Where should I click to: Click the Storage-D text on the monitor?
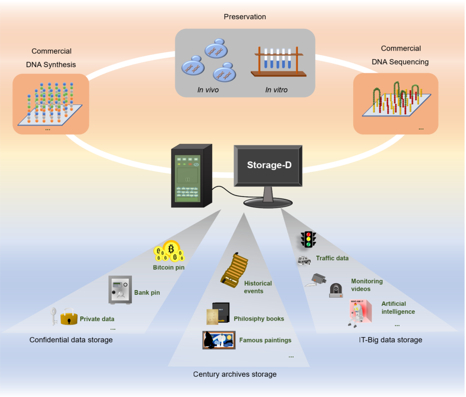tap(269, 165)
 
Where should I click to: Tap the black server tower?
tap(191, 176)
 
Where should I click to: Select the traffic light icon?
tap(308, 239)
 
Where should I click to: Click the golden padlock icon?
tap(69, 317)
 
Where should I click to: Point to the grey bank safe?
tap(120, 290)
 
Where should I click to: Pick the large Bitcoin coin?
tap(171, 248)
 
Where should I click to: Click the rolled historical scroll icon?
tap(235, 270)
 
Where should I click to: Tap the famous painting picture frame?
tap(219, 340)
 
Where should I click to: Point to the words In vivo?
tap(208, 90)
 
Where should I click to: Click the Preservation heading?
tap(245, 17)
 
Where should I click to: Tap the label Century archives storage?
tap(235, 374)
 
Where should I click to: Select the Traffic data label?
tap(332, 258)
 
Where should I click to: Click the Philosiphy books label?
tap(259, 319)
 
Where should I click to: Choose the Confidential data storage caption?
tap(71, 340)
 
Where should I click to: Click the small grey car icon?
tap(304, 260)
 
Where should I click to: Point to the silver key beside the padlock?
tap(53, 316)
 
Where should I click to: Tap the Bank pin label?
tap(147, 292)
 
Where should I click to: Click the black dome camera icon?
tap(336, 290)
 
